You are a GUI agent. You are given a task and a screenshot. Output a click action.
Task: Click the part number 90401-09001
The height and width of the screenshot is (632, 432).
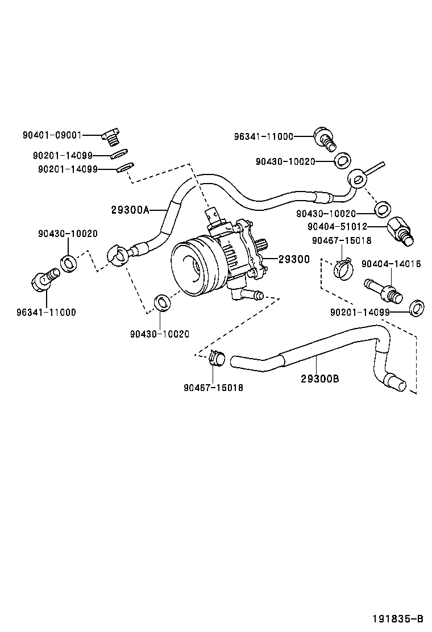point(52,135)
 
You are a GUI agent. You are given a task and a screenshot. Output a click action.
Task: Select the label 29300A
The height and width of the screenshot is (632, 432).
point(130,210)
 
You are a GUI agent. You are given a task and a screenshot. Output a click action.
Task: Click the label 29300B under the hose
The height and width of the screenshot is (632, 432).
point(320,378)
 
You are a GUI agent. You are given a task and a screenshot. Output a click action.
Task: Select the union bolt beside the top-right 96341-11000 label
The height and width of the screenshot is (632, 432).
point(324,139)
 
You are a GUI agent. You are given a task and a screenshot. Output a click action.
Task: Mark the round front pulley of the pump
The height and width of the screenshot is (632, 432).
point(193,264)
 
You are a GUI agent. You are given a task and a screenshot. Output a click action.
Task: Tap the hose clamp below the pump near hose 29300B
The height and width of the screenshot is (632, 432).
point(216,358)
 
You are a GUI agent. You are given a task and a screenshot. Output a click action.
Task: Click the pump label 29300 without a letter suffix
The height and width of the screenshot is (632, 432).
point(294,260)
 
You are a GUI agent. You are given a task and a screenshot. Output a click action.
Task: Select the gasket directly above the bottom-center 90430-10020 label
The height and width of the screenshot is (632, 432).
point(162,302)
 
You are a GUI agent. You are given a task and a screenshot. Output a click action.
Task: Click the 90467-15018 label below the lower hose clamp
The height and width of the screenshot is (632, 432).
point(213,388)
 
